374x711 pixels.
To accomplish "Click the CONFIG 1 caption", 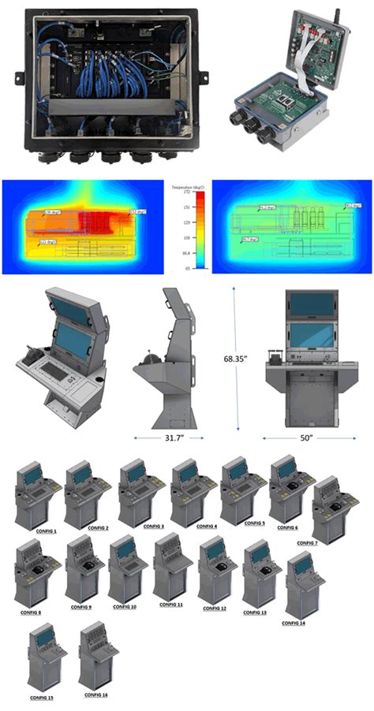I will pyautogui.click(x=46, y=530).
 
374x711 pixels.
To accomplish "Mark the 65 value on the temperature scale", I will pyautogui.click(x=189, y=268).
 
